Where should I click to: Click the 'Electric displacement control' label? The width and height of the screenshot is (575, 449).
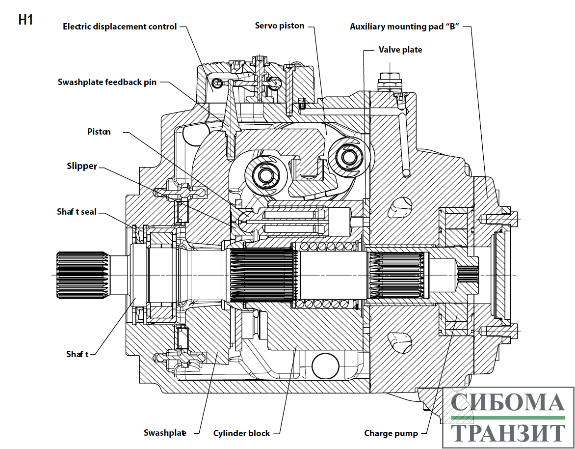pyautogui.click(x=120, y=27)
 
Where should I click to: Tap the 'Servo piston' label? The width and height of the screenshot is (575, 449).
pyautogui.click(x=280, y=26)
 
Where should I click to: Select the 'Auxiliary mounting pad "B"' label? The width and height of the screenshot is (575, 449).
pyautogui.click(x=404, y=27)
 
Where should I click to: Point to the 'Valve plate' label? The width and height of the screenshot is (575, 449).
pyautogui.click(x=400, y=50)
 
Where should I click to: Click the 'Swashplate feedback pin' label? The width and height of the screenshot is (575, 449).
pyautogui.click(x=107, y=82)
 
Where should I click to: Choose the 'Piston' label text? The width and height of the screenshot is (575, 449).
pyautogui.click(x=99, y=132)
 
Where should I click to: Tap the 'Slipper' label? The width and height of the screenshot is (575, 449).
pyautogui.click(x=82, y=167)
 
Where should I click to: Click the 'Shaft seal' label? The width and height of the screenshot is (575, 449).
pyautogui.click(x=77, y=212)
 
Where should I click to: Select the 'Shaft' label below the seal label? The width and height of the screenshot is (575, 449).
pyautogui.click(x=78, y=354)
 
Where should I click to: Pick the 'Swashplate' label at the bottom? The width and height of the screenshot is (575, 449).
pyautogui.click(x=165, y=433)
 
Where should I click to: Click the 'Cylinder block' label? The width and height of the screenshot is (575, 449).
pyautogui.click(x=241, y=433)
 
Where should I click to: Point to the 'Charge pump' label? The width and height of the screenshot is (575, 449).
pyautogui.click(x=391, y=434)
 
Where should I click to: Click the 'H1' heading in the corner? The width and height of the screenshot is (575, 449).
pyautogui.click(x=26, y=20)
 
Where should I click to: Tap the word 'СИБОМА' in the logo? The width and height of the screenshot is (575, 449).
pyautogui.click(x=508, y=402)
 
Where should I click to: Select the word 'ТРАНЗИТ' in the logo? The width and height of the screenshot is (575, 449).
pyautogui.click(x=508, y=433)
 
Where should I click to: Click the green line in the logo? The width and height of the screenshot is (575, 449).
pyautogui.click(x=508, y=418)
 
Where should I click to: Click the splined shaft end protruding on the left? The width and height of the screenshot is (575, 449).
pyautogui.click(x=81, y=275)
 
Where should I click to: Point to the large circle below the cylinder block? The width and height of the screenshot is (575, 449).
pyautogui.click(x=325, y=366)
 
